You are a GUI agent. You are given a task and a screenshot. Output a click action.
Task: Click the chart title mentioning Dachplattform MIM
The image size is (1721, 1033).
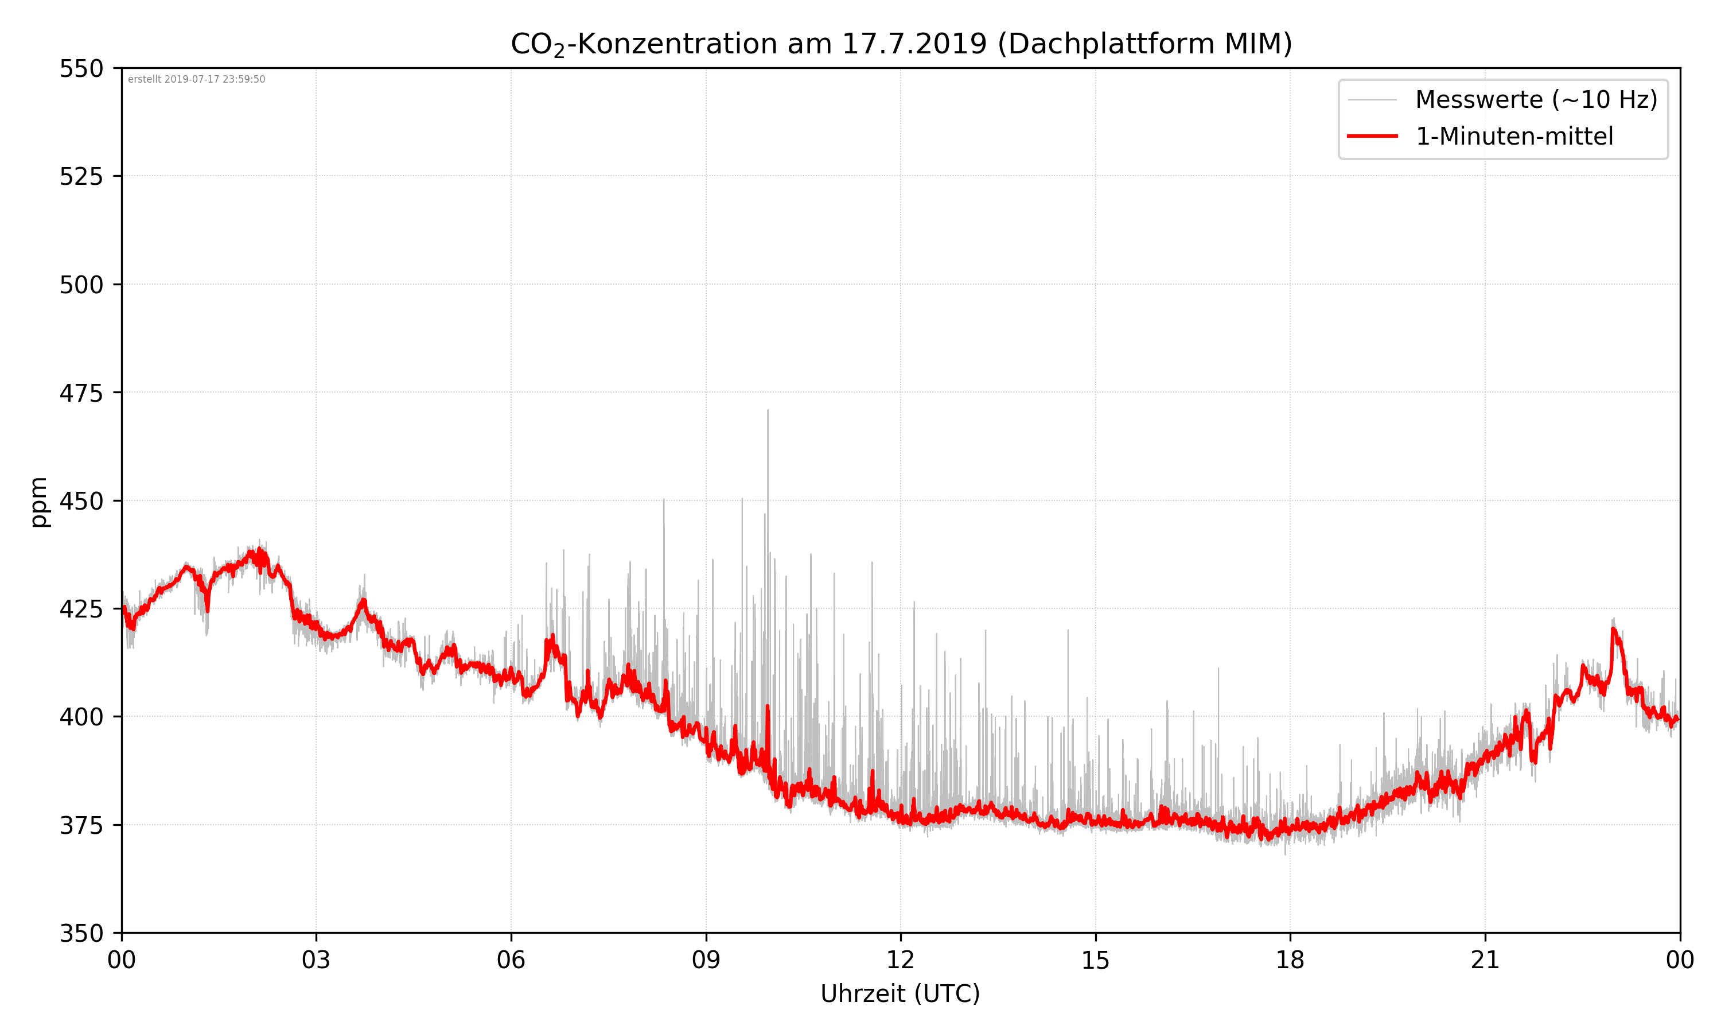[x=901, y=44]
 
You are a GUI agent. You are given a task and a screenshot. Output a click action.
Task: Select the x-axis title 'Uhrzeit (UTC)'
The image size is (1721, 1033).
[x=900, y=993]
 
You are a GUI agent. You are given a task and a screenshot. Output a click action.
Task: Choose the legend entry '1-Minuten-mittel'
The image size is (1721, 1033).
[x=1514, y=137]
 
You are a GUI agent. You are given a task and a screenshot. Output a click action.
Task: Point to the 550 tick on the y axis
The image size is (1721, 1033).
[x=81, y=69]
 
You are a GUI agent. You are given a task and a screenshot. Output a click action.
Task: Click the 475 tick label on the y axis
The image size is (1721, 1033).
[x=81, y=393]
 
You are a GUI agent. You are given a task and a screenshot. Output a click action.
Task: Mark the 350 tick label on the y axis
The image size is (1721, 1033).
[x=81, y=934]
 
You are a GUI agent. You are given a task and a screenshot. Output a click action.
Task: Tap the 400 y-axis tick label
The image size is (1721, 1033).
[x=81, y=717]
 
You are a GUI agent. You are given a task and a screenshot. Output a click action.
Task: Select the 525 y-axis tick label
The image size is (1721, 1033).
[x=81, y=177]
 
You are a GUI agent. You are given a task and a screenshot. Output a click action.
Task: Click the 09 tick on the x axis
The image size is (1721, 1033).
[x=706, y=961]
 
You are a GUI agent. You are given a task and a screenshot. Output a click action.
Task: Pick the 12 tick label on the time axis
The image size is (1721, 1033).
[x=900, y=961]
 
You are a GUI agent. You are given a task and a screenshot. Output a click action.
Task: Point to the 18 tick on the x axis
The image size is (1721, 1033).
[x=1290, y=961]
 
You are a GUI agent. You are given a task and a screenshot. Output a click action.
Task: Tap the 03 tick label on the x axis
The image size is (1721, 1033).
[x=316, y=961]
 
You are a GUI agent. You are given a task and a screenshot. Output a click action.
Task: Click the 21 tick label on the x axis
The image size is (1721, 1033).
[x=1485, y=961]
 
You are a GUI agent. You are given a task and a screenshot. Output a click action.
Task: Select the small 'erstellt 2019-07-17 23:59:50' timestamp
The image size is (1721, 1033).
[x=196, y=79]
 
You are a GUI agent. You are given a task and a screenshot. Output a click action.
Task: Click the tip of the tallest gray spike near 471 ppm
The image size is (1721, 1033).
[x=768, y=411]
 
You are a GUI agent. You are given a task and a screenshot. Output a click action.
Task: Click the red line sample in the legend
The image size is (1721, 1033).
[x=1372, y=137]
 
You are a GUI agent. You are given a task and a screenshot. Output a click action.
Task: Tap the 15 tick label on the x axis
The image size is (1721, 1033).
[x=1095, y=961]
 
